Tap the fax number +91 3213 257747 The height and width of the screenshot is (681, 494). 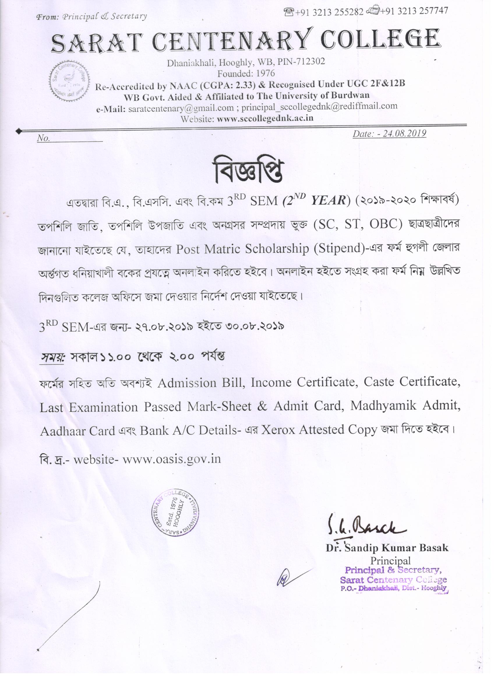coord(414,11)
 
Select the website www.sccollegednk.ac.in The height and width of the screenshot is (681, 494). coord(265,118)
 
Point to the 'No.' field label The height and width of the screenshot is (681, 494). coord(43,138)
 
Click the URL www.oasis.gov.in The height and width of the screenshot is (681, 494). coord(172,459)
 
